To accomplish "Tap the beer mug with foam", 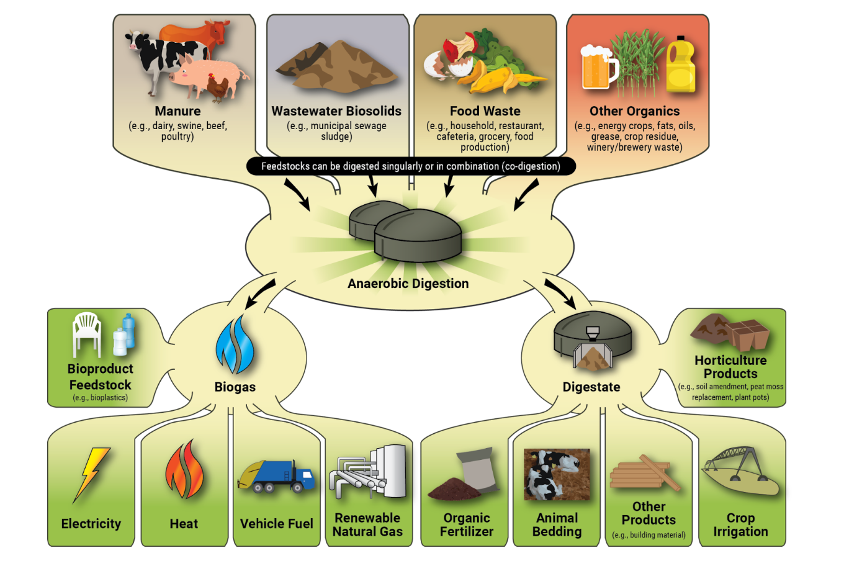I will (597, 67).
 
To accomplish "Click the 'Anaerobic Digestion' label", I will (408, 284).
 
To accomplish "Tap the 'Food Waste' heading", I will (485, 111).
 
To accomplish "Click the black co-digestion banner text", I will (410, 166).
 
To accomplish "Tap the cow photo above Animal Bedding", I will (557, 475).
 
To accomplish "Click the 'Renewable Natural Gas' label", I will (367, 524).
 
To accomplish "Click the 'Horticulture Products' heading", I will (730, 367).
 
